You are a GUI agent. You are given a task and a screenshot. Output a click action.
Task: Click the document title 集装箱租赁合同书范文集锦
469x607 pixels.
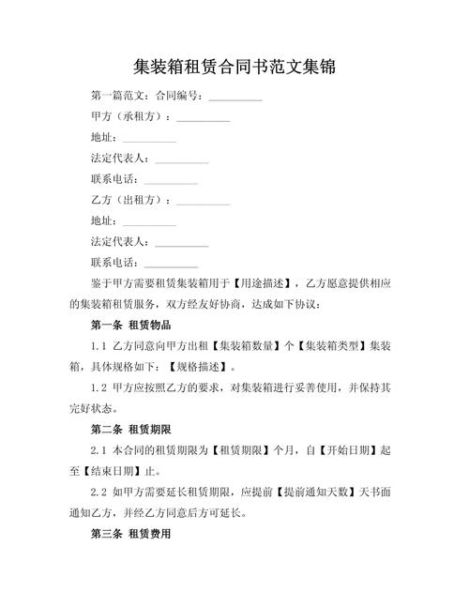pos(234,68)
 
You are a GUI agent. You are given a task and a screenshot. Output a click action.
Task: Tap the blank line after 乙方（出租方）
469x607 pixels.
pos(203,201)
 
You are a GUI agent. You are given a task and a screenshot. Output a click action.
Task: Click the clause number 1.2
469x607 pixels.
pos(101,387)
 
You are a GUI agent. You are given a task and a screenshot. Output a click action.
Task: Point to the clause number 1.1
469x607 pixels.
pos(101,346)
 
